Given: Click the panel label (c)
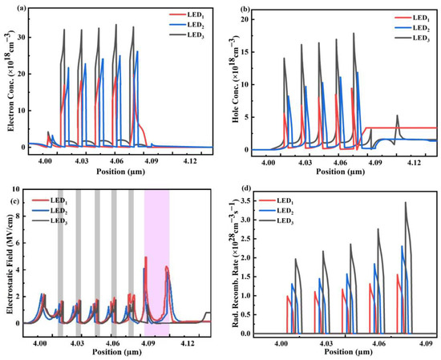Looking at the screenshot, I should (x=10, y=189).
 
